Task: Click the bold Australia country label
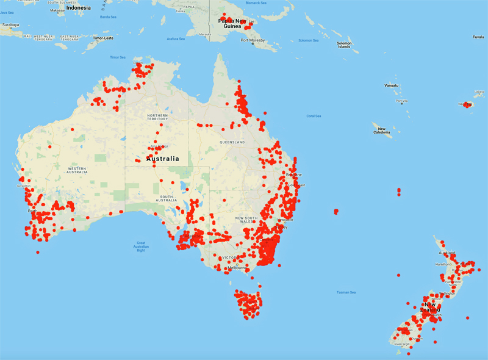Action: pos(163,159)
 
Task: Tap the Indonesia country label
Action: pos(78,7)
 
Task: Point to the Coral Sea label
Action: pos(314,115)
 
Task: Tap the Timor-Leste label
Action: pos(103,38)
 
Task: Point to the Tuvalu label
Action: pos(478,37)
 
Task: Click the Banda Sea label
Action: pos(108,17)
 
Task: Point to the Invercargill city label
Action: pos(403,344)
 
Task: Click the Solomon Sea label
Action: pos(308,40)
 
